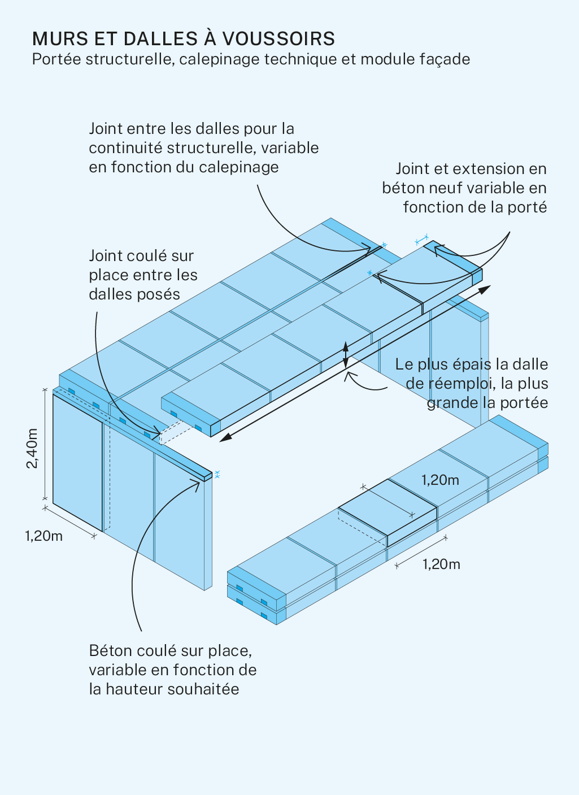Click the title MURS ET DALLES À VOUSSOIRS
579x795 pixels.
pos(184,38)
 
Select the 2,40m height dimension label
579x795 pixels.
pos(32,448)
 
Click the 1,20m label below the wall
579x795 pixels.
pos(43,536)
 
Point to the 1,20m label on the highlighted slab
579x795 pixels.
pos(440,480)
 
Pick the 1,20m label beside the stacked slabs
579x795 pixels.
pos(441,564)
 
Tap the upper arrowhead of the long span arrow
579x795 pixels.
pos(485,289)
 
